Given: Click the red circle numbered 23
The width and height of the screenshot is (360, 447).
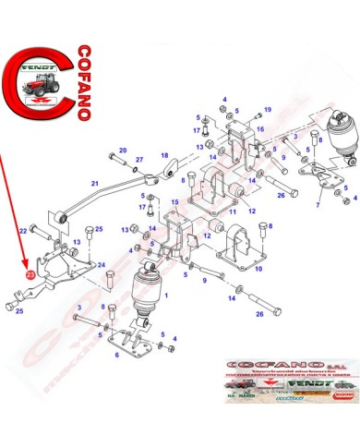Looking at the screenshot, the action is [x=30, y=273].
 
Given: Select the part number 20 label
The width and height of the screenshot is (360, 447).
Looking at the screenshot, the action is [x=123, y=150].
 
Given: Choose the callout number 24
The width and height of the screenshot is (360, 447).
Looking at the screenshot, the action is [x=102, y=265].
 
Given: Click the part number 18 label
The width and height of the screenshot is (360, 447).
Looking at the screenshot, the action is [x=165, y=155].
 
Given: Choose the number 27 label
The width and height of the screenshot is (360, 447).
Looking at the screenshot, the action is [x=139, y=160].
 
